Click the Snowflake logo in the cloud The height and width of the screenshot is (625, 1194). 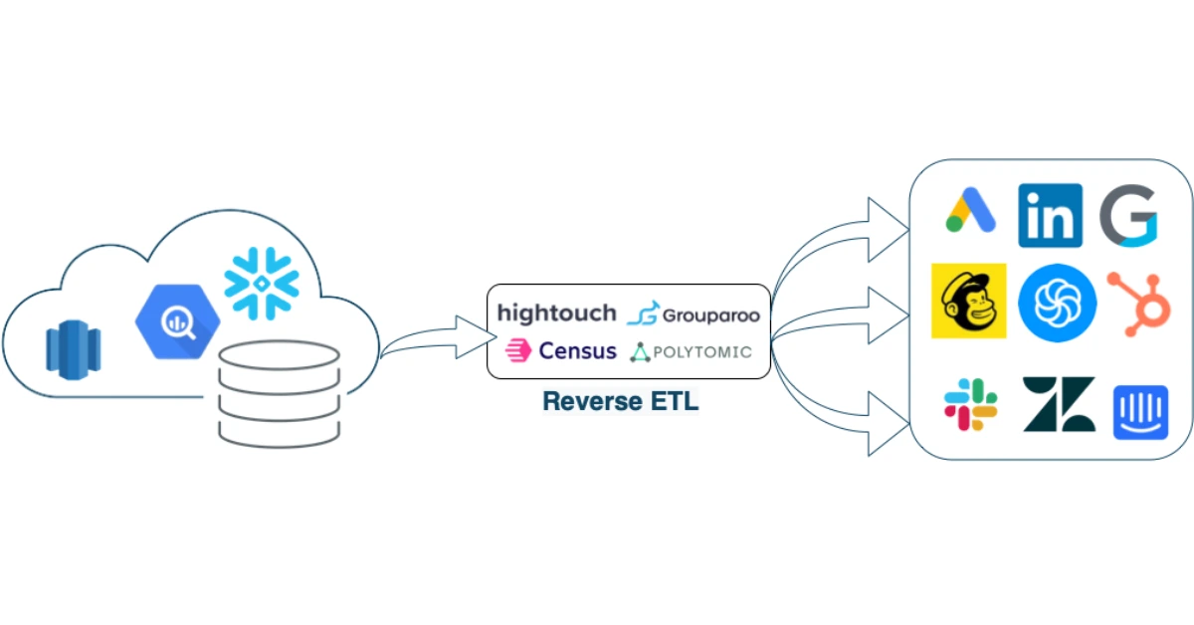261,283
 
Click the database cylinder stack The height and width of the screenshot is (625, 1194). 279,392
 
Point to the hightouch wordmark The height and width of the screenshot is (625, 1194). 556,313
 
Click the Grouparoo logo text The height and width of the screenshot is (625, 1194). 694,315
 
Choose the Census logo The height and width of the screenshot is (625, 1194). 561,350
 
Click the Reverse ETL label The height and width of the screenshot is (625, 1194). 620,401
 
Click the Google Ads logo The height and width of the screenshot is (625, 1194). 970,211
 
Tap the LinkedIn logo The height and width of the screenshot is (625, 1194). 1050,215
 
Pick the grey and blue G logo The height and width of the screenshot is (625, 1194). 1128,215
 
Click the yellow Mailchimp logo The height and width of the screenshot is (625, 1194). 968,301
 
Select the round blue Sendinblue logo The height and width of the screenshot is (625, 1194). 1057,303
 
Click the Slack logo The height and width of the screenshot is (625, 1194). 970,404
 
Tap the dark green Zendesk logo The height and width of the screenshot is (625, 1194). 1059,404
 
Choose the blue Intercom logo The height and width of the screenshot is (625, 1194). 1138,410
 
